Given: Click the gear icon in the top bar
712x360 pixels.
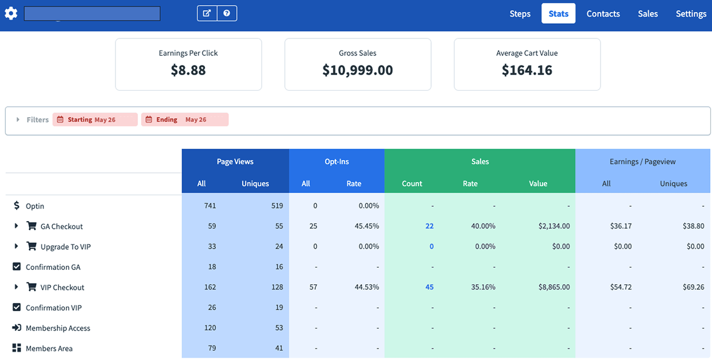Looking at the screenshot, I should (x=11, y=13).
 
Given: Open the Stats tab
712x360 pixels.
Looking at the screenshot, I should (x=558, y=14).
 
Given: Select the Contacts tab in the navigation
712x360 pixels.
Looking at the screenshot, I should (x=603, y=14).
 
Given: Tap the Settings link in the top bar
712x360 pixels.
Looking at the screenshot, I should (x=691, y=14).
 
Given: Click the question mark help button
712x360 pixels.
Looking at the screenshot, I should (x=227, y=13).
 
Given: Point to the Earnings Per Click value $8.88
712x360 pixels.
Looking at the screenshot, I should (x=188, y=70).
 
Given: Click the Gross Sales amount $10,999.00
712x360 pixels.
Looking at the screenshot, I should (x=358, y=70).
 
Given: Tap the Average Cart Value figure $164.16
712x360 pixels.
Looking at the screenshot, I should (x=527, y=70).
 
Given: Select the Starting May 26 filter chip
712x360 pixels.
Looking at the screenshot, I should (x=95, y=119).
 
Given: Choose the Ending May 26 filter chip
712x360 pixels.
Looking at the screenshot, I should (x=184, y=119).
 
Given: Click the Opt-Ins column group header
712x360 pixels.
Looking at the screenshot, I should (x=336, y=161).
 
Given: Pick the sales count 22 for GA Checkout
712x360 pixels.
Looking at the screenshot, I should (x=429, y=226).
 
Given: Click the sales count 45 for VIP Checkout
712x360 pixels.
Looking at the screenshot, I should (x=429, y=287).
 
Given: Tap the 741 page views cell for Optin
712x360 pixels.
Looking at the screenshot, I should (x=210, y=206).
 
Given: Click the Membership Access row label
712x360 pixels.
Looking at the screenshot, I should (x=58, y=328).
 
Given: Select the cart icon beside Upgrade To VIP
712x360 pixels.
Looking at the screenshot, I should (x=32, y=246).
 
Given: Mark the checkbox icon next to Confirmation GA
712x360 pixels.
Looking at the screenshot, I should (x=17, y=267).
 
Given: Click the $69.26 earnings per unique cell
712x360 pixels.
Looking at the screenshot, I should (x=693, y=287).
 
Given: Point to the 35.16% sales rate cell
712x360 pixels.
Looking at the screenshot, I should (x=483, y=287).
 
